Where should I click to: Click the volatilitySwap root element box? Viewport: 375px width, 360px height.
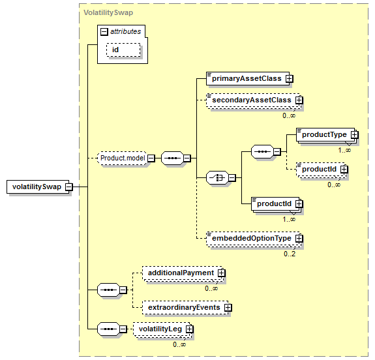pos(38,187)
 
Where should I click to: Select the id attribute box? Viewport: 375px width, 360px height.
pos(123,50)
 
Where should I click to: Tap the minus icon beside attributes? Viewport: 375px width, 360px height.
pos(104,31)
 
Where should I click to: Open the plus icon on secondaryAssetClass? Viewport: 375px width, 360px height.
pos(299,100)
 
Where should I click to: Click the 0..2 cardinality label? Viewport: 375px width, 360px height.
pos(290,254)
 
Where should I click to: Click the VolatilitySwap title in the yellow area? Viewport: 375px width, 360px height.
pos(108,12)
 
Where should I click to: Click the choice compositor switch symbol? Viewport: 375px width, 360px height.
pos(217,178)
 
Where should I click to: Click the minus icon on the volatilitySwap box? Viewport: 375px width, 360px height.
pos(69,187)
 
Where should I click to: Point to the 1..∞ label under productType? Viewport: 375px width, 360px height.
pos(344,150)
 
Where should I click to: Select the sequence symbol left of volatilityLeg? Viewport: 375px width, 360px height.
pos(108,329)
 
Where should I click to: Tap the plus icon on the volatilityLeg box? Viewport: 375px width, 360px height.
pos(189,329)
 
